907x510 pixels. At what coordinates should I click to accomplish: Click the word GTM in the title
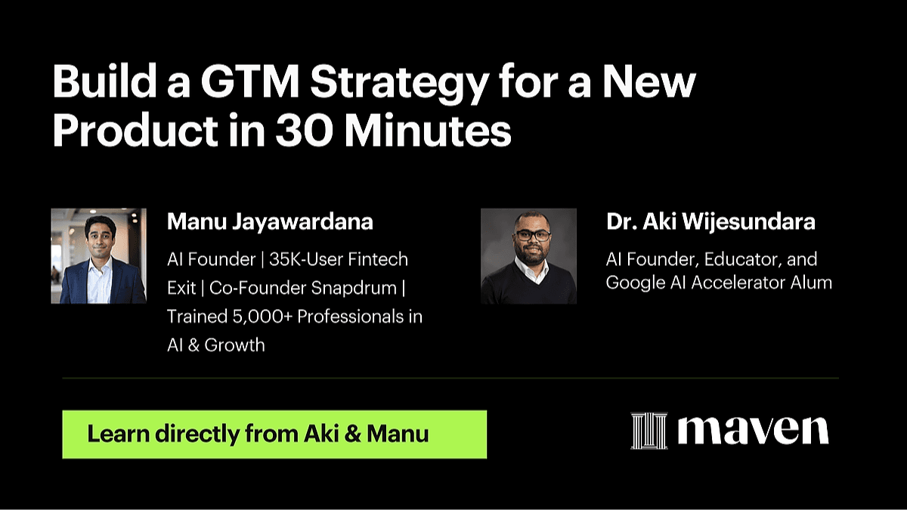tap(250, 82)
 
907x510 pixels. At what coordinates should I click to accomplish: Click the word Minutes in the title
tap(428, 131)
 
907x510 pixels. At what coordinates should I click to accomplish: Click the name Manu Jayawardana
tap(270, 222)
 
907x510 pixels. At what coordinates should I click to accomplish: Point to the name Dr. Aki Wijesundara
tap(710, 222)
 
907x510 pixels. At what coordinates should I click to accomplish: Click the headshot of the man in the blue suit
tap(99, 256)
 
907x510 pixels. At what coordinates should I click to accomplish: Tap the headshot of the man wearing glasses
tap(528, 256)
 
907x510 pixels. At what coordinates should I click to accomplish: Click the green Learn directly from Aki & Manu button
tap(274, 434)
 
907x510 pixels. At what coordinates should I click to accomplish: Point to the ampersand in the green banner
tap(353, 434)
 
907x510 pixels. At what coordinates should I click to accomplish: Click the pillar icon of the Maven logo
tap(649, 431)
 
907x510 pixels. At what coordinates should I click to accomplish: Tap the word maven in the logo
tap(753, 430)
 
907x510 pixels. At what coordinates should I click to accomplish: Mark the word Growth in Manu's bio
tap(234, 345)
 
